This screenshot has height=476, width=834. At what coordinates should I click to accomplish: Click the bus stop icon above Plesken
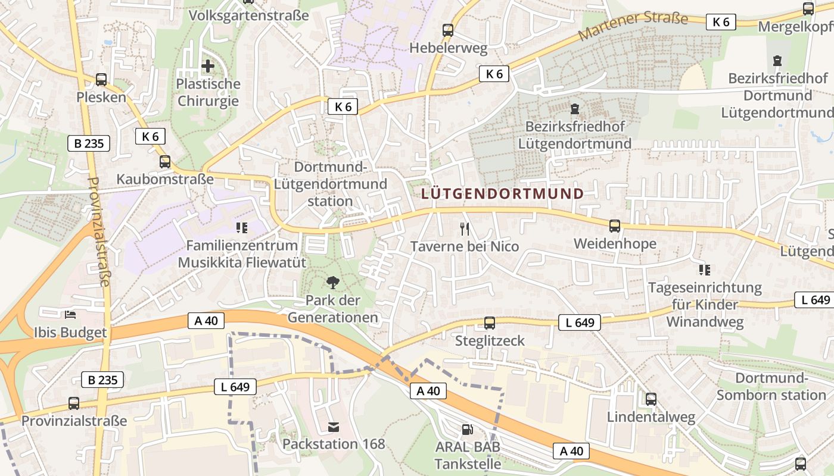tap(101, 79)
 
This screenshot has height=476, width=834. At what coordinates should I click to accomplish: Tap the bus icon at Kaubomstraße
tap(165, 161)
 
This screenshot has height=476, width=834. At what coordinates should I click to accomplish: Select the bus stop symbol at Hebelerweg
tap(448, 30)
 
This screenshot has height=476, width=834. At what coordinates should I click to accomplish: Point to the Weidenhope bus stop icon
tap(615, 226)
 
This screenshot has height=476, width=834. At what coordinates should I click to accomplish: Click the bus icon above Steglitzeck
tap(490, 323)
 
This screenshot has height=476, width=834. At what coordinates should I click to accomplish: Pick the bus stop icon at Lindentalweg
tap(651, 399)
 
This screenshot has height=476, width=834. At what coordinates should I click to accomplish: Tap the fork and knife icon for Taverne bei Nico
tap(465, 228)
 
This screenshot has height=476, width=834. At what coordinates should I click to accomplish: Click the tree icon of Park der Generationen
tap(333, 283)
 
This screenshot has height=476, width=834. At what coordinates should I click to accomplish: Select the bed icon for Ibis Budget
tap(70, 314)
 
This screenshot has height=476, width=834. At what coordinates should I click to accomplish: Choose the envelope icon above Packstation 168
tap(334, 427)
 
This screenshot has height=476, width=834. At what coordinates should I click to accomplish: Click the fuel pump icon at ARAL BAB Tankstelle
tap(468, 429)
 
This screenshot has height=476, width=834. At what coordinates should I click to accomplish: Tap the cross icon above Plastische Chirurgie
tap(208, 66)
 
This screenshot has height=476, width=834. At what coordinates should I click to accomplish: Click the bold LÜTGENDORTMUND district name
tap(503, 193)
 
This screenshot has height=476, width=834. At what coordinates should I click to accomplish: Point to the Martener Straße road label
tap(633, 26)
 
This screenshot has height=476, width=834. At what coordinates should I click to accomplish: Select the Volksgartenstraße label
tap(248, 15)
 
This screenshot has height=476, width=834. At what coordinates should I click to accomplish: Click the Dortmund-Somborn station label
tap(771, 387)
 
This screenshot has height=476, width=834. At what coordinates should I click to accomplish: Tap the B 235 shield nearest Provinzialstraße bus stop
tap(102, 380)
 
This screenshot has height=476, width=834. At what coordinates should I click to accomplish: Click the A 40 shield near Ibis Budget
tap(206, 321)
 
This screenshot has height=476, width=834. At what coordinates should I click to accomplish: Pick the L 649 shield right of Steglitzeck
tap(580, 322)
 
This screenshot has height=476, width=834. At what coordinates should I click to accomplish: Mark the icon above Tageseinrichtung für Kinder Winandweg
tap(705, 270)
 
